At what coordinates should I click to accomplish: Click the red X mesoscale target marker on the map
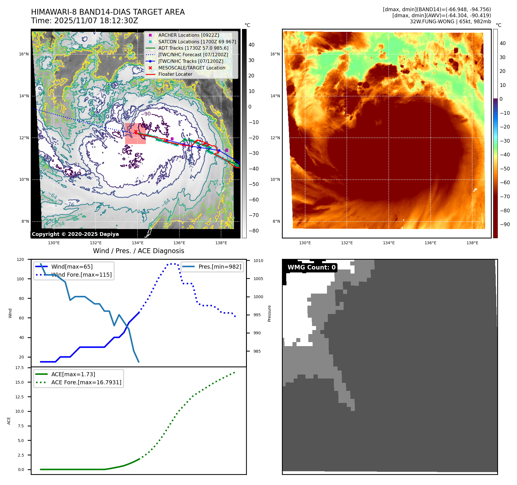tap(136, 132)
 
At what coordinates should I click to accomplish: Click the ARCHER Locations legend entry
tap(188, 35)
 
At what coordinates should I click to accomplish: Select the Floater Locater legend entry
tap(175, 74)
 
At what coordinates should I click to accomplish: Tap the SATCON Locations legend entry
tap(197, 42)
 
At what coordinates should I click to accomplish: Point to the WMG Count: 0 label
tap(311, 267)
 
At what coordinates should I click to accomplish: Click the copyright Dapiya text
tap(75, 234)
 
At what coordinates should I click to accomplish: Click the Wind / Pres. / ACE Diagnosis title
tap(138, 251)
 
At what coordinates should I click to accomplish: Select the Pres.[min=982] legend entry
tap(220, 267)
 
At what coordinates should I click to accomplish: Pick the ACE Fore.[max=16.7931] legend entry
tap(86, 382)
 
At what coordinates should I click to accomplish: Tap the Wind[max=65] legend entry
tap(72, 267)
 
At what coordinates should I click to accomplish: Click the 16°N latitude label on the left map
tap(24, 54)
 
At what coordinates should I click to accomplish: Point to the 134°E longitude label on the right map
tap(389, 243)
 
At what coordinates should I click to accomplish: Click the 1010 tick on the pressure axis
tap(258, 261)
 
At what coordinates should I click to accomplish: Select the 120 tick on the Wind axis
tap(20, 259)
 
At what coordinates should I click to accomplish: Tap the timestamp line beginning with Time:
tap(84, 21)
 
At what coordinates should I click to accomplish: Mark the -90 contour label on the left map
tap(146, 114)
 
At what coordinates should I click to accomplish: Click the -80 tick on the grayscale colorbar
tap(253, 231)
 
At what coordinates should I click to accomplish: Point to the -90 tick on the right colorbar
tap(505, 224)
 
